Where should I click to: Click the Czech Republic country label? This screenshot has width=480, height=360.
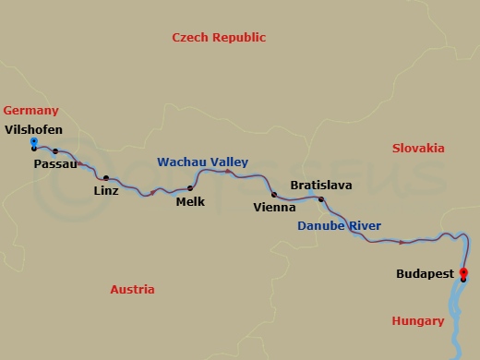[x=219, y=38]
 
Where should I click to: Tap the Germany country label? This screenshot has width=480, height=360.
[x=30, y=111]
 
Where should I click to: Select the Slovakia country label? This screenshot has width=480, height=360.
[x=417, y=149]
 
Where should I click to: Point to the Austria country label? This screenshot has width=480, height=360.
[x=132, y=289]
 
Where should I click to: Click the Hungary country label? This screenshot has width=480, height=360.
[x=417, y=321]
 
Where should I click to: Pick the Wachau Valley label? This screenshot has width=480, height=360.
[x=202, y=162]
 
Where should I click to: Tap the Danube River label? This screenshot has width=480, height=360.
[x=339, y=226]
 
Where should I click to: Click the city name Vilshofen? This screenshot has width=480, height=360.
[x=34, y=129]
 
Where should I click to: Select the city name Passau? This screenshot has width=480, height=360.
[x=54, y=164]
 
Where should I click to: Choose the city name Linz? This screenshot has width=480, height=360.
[x=106, y=191]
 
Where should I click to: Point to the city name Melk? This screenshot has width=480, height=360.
[x=190, y=201]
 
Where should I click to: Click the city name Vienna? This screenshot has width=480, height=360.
[x=274, y=208]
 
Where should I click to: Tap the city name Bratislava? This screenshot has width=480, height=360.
[x=320, y=186]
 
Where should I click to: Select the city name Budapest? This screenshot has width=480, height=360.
[x=425, y=274]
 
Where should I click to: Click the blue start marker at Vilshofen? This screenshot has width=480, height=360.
[x=34, y=141]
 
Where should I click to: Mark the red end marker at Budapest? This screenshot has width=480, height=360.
[x=463, y=272]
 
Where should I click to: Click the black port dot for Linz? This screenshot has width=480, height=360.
[x=106, y=178]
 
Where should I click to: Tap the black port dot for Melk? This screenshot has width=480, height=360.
[x=190, y=188]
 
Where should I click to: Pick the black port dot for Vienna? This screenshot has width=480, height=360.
[x=274, y=195]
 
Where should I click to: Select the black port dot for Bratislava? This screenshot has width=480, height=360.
[x=321, y=199]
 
